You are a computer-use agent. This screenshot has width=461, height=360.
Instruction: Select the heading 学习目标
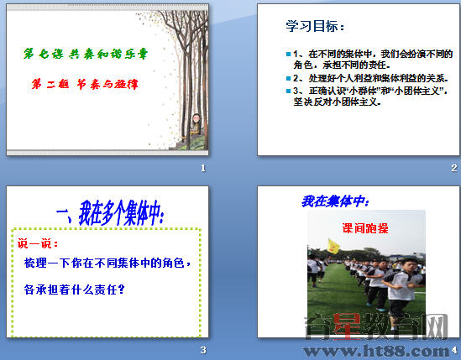[x=315, y=28]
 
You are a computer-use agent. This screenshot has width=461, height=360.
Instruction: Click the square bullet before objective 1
[x=287, y=54]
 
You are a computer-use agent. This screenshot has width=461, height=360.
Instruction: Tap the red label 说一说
[x=38, y=243]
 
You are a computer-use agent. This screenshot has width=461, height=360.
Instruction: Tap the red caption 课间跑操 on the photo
[x=364, y=227]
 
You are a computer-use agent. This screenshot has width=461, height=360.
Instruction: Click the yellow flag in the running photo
[x=333, y=246]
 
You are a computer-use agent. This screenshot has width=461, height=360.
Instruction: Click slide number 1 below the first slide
[x=203, y=168]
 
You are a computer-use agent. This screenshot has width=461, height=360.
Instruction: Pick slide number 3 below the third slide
[x=203, y=350]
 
